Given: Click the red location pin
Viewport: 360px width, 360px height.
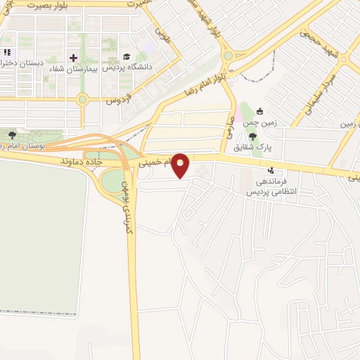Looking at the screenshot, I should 181,165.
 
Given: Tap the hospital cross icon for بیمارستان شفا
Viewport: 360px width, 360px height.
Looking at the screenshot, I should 73,57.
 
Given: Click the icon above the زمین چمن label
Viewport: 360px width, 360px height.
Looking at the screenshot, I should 259,111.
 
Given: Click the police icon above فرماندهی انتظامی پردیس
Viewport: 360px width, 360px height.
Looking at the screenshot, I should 271,171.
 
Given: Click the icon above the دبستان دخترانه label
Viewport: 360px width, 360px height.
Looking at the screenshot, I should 8,52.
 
